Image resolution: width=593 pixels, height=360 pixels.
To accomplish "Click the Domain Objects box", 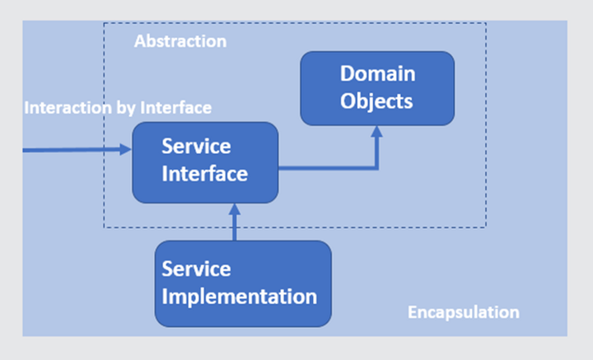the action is (377, 88).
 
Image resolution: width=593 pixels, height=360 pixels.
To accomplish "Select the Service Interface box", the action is (205, 162).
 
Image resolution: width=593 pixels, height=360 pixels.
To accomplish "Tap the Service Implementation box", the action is (243, 283).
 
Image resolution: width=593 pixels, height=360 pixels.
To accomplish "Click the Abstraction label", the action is (180, 41).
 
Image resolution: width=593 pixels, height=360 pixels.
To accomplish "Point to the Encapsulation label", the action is (463, 313).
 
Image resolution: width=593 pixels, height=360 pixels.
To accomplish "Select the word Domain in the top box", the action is (377, 73).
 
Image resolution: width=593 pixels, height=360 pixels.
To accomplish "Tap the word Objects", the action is (376, 101).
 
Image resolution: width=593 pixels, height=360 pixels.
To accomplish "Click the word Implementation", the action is (240, 297).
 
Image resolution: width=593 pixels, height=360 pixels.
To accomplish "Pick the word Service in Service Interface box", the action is (196, 147).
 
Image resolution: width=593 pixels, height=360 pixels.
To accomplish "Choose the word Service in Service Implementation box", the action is (196, 269).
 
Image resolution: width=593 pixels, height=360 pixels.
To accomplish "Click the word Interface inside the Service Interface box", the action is (204, 174).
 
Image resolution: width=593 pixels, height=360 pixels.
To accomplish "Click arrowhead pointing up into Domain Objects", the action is (376, 131).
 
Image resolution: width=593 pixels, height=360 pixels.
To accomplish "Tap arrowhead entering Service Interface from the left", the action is (125, 149).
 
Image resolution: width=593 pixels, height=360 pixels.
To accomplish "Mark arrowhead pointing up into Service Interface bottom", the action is (235, 209).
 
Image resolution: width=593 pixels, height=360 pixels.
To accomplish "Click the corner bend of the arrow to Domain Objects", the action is (376, 167).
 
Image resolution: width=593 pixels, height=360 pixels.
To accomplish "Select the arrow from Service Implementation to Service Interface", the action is (235, 222).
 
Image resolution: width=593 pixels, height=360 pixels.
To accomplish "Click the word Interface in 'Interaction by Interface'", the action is (176, 108).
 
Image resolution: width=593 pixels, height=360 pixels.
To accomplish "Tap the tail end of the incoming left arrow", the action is (23, 150).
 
